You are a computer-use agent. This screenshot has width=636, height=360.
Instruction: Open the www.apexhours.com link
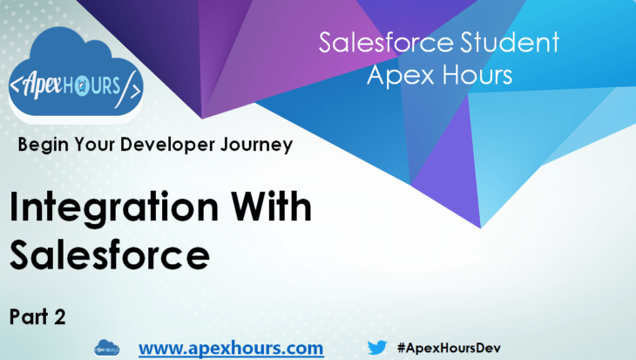point(231,348)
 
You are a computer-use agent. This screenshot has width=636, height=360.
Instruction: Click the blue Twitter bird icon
point(376,347)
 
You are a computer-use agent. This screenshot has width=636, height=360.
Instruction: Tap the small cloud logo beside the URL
point(106,348)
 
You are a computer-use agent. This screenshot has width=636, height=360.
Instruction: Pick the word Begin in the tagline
point(40,145)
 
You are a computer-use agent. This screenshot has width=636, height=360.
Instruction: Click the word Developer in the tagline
point(153,145)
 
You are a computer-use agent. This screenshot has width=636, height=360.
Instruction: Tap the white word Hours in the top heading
point(476,75)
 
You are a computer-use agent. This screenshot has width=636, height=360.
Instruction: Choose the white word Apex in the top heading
point(400,75)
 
